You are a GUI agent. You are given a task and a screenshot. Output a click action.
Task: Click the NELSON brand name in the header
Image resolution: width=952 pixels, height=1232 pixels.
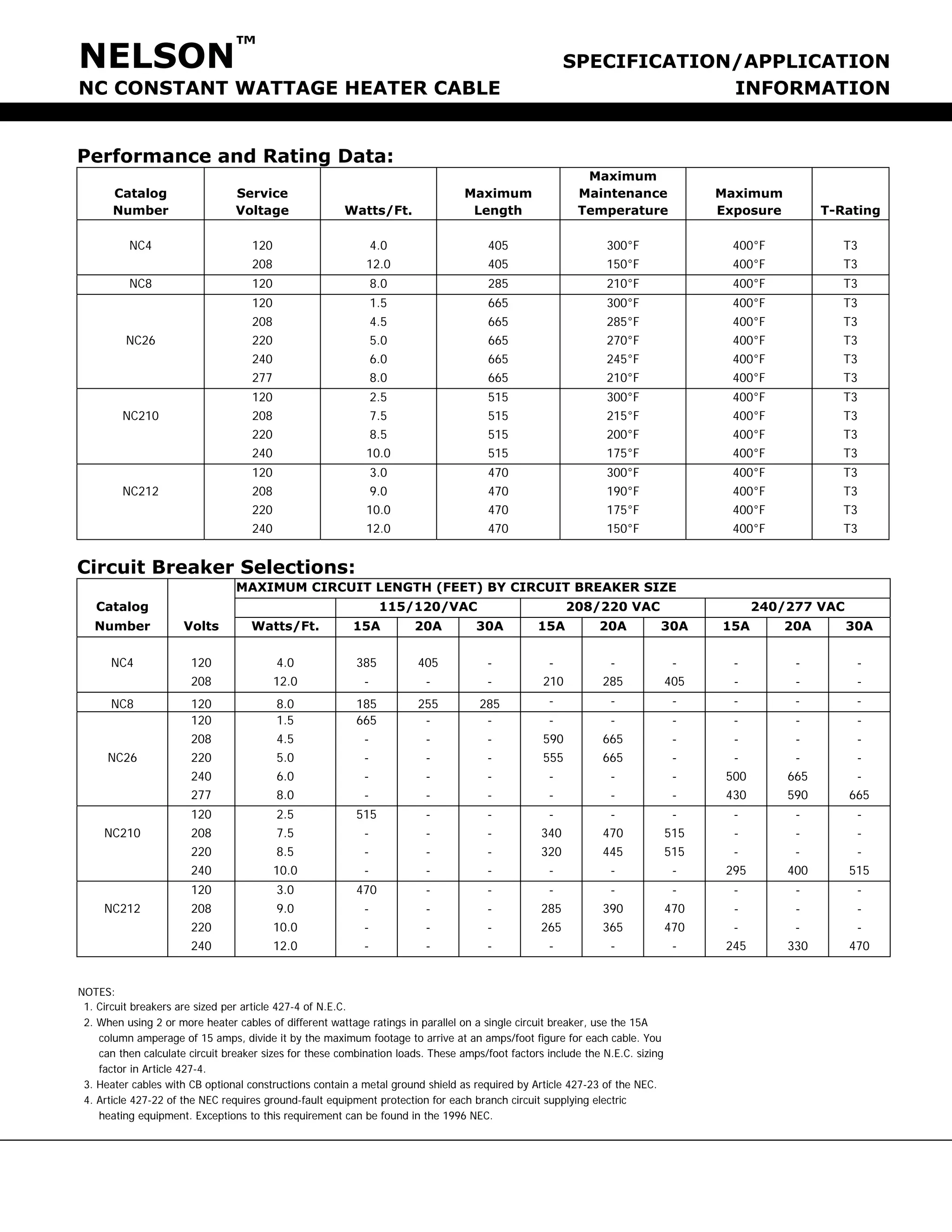(x=156, y=56)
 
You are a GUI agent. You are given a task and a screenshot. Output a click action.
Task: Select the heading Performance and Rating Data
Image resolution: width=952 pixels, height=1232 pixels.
(x=235, y=156)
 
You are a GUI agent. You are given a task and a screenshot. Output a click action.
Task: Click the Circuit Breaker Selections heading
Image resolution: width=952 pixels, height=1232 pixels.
(x=216, y=567)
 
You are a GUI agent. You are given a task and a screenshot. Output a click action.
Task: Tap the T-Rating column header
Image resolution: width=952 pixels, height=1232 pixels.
(x=850, y=211)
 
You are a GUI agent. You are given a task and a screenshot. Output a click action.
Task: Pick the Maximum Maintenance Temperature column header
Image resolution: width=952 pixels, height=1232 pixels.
(x=622, y=193)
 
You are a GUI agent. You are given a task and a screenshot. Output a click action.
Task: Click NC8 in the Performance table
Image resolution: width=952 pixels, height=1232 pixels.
(x=140, y=284)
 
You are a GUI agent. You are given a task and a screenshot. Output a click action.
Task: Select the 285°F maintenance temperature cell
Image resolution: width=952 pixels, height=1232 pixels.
(x=622, y=322)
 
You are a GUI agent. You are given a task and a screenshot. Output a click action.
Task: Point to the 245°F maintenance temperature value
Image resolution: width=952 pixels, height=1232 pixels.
(x=622, y=359)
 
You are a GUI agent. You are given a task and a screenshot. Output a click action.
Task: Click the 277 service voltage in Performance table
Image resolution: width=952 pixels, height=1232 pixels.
(x=262, y=378)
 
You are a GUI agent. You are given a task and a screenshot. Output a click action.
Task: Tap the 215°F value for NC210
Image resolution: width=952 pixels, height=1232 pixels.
(x=622, y=416)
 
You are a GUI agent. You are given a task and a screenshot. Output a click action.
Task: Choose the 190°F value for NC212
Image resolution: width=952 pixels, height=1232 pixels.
(x=622, y=491)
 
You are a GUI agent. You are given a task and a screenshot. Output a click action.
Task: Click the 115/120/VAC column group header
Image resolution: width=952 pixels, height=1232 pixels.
(x=428, y=607)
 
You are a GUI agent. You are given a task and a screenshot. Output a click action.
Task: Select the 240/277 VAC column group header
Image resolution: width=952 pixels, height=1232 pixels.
(x=798, y=607)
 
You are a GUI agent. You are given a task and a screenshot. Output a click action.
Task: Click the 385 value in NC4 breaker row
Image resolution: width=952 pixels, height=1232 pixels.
(x=367, y=663)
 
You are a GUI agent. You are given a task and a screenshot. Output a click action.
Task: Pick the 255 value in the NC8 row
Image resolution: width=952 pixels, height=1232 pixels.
(x=428, y=704)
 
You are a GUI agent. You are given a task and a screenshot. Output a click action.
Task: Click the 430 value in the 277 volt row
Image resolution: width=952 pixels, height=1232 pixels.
(x=735, y=795)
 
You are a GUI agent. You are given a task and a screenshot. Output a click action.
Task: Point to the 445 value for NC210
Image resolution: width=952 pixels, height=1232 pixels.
(x=613, y=852)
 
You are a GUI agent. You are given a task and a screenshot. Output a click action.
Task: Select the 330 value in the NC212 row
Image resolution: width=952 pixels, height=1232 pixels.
(x=798, y=946)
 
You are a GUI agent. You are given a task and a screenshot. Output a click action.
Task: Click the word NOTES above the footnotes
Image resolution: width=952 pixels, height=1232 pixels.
(x=96, y=992)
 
